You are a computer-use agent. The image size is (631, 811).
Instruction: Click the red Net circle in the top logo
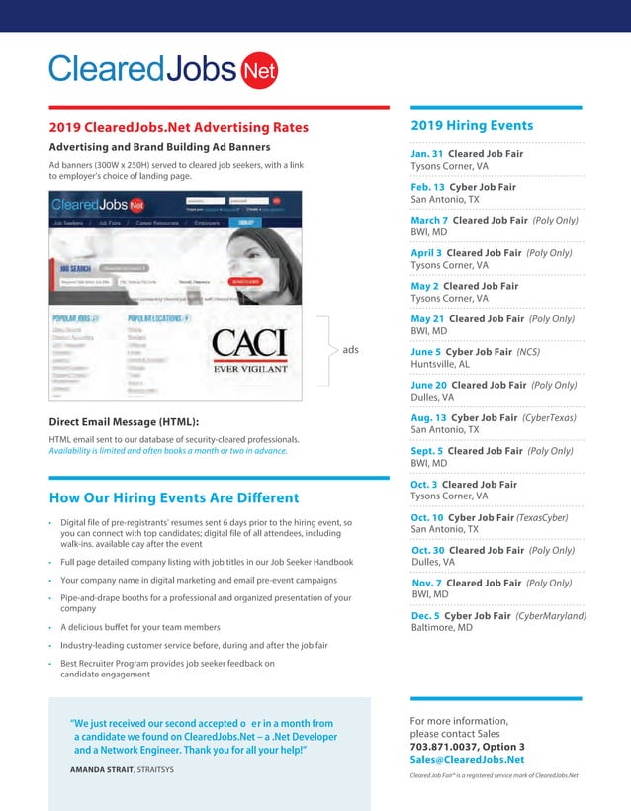coord(259,70)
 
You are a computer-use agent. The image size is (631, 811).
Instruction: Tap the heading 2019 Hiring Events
coord(472,126)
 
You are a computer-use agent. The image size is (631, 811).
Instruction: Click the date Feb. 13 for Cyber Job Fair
coord(427,187)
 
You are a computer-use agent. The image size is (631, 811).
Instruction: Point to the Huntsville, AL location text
coord(440,364)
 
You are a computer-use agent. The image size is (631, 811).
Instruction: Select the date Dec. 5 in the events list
coord(427,616)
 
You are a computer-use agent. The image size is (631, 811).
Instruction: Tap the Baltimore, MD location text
coord(443,628)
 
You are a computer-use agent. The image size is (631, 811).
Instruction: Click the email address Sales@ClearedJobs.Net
coord(467,760)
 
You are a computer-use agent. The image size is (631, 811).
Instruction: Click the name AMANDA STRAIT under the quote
coord(108,769)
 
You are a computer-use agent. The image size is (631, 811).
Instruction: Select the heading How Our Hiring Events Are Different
coord(174,497)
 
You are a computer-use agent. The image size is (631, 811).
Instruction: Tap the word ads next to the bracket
coord(351,350)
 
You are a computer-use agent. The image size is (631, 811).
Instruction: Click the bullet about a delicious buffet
coord(139,627)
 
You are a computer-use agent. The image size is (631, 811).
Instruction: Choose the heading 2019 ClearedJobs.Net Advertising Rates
coord(179,127)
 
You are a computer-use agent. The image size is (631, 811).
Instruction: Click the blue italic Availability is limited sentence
coord(167,451)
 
